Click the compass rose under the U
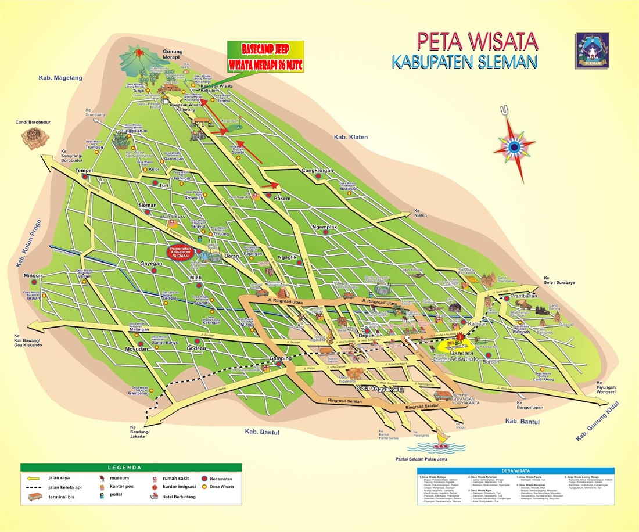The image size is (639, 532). point(514,147)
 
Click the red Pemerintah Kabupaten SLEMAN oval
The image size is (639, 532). point(180,253)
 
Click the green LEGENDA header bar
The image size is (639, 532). point(132,467)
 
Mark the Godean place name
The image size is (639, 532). point(196,348)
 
